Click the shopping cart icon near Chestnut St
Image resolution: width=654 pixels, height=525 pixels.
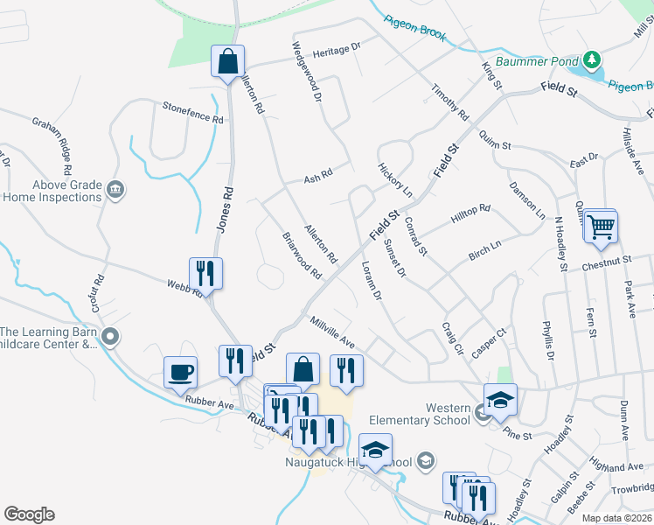601,227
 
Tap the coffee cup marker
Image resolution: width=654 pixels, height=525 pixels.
181,373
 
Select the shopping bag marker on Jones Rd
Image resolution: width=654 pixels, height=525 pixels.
227,63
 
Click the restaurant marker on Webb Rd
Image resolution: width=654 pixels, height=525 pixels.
205,273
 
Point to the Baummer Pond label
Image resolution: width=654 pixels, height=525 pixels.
537,62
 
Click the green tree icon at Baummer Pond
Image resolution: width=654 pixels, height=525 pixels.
593,59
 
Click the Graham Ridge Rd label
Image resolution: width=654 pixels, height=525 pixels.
53,140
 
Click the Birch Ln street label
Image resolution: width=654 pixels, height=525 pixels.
484,250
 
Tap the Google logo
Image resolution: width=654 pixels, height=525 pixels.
29,514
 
